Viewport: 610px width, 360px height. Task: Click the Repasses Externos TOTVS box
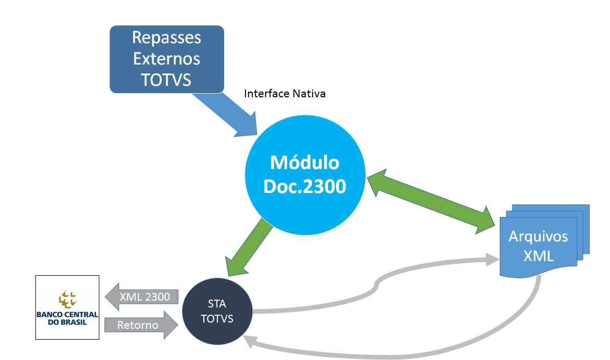166,59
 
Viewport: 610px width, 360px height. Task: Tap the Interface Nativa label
285,94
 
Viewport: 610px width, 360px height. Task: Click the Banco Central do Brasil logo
67,307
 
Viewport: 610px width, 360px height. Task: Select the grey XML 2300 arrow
142,297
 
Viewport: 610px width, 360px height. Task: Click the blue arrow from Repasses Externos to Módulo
228,114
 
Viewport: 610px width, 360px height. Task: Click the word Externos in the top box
166,58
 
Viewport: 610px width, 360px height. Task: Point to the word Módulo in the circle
304,163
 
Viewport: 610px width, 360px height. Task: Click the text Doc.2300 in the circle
304,186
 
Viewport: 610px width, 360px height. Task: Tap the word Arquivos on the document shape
538,237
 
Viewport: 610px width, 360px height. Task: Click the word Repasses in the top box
166,37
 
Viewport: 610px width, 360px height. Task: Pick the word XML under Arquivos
538,256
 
